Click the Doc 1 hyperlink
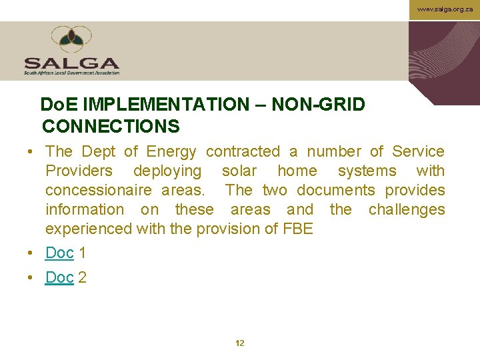coord(59,253)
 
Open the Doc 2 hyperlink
coord(59,277)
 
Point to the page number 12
coord(240,343)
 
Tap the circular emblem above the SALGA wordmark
coord(71,40)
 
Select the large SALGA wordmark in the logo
coord(71,63)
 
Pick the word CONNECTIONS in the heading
coord(111,126)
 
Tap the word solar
coord(239,171)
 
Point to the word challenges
coord(407,210)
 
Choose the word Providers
coord(79,171)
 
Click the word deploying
coord(167,171)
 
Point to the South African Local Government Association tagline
coord(71,73)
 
